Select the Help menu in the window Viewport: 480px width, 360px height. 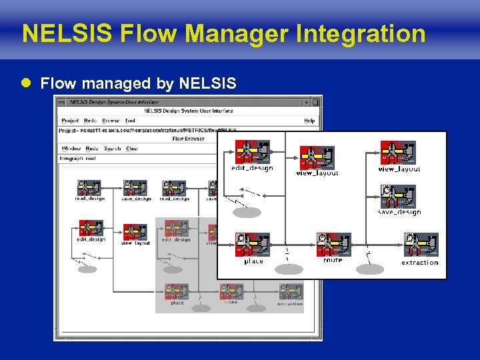coord(309,121)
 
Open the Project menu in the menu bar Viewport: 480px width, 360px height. coord(70,121)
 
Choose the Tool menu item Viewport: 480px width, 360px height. coord(130,121)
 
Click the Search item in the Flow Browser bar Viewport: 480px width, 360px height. coord(112,149)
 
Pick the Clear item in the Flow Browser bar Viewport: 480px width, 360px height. coord(132,149)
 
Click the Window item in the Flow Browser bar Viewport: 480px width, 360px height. coord(71,149)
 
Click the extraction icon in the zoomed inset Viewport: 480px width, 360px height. coord(421,245)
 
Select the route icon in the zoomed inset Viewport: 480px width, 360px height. coord(333,245)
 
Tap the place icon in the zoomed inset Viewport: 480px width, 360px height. coord(253,245)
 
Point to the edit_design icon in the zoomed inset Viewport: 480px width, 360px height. coord(252,153)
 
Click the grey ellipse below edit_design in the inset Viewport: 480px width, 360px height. coord(247,213)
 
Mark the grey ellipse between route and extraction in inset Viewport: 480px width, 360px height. coord(370,269)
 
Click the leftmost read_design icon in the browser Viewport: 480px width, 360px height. coord(89,188)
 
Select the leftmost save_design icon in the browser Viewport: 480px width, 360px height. coord(135,188)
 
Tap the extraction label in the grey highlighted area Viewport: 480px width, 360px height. coord(290,304)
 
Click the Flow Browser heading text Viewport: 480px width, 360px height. coord(187,139)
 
